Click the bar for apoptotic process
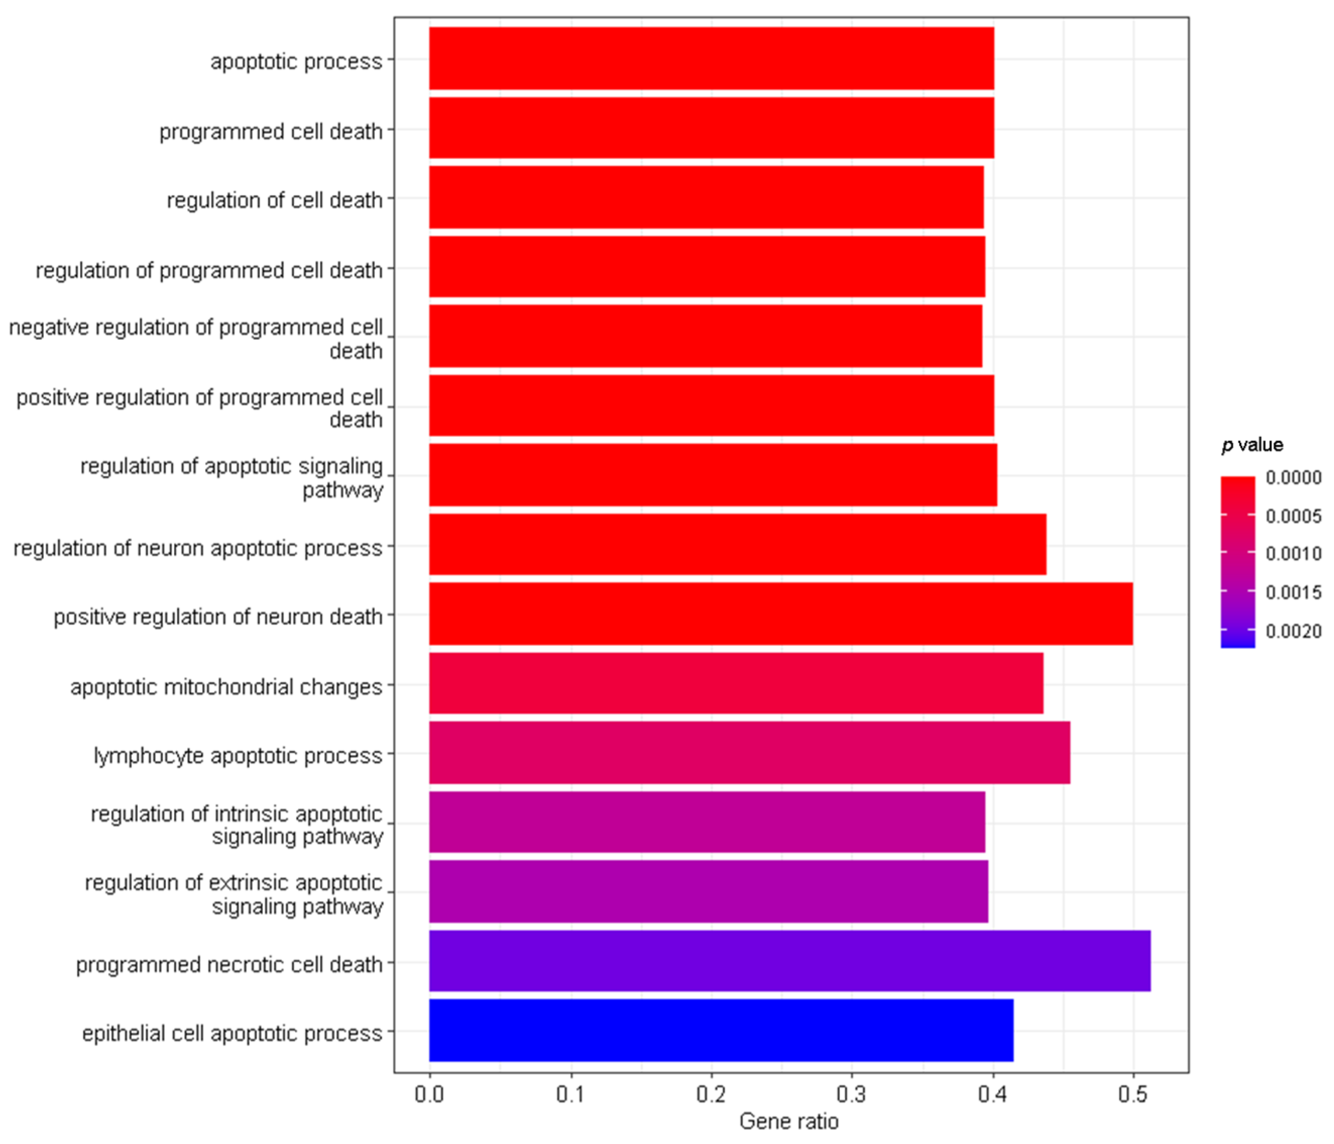tap(712, 58)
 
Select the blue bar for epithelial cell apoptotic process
tap(721, 1030)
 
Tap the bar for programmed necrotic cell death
tap(789, 960)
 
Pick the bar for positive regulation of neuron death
tap(780, 614)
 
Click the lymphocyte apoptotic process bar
tap(749, 752)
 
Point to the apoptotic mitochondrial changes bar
tap(736, 683)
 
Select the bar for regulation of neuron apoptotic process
tap(737, 544)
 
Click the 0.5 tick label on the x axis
tap(1132, 1095)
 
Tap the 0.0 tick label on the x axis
tap(429, 1095)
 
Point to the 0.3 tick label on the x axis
tap(851, 1095)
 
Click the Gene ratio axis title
tap(789, 1121)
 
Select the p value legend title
tap(1252, 445)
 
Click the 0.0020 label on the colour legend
tap(1293, 631)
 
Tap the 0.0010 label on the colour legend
tap(1293, 553)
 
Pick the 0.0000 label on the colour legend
tap(1293, 477)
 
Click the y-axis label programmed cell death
tap(271, 131)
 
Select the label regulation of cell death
tap(275, 200)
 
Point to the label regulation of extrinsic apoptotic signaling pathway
tap(235, 894)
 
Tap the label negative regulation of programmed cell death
tap(196, 339)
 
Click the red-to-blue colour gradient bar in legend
tap(1238, 562)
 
